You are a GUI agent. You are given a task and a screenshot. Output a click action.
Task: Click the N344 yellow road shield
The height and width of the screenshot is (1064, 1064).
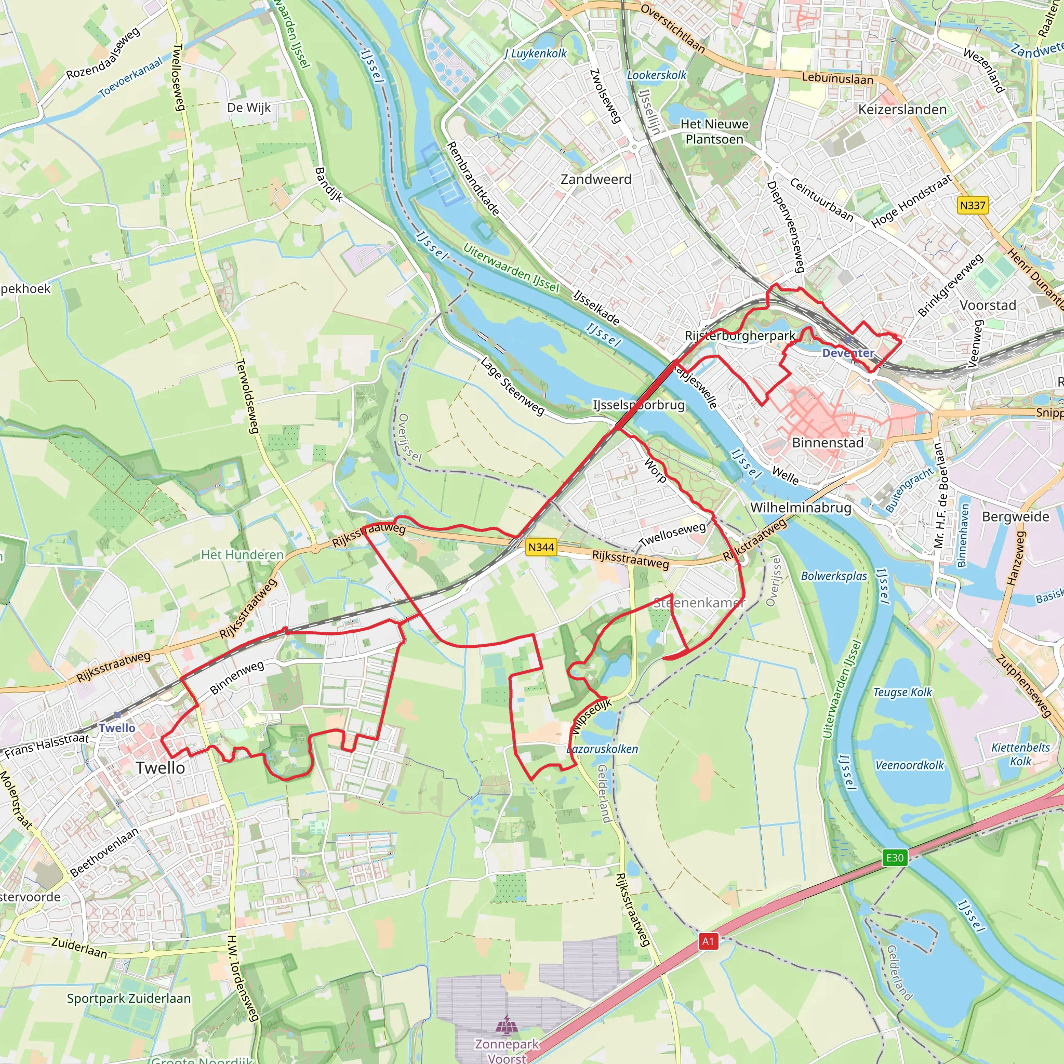[x=540, y=547]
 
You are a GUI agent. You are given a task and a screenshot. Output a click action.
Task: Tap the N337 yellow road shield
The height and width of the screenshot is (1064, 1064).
[x=972, y=205]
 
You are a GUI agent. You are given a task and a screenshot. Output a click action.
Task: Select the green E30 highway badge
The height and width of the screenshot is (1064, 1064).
[x=895, y=857]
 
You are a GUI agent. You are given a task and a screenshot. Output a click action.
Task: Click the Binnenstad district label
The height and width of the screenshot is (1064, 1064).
[x=827, y=443]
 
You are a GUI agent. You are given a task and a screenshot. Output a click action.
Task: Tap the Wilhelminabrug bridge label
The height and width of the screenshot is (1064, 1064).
[x=800, y=507]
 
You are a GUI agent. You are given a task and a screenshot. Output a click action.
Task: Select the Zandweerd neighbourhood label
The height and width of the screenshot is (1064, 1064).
[x=596, y=180]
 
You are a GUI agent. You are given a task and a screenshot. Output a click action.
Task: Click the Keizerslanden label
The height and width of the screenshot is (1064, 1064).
[x=902, y=110]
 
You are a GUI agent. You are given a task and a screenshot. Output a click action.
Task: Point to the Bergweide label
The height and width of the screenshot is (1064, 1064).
[x=1015, y=516]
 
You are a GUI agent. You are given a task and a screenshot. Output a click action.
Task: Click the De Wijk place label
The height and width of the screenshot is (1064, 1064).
[x=248, y=108]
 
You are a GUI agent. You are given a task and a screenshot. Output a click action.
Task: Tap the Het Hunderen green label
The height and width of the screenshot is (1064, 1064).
[x=242, y=554]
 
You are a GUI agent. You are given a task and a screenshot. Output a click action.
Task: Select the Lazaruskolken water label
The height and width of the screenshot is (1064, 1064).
[x=603, y=749]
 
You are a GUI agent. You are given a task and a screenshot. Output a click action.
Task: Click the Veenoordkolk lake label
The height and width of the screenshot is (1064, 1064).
[x=909, y=765]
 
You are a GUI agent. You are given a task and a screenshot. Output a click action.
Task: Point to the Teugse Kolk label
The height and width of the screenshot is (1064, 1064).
[x=902, y=692]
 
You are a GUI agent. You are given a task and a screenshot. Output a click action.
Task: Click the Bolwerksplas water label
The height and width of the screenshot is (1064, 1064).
[x=834, y=576]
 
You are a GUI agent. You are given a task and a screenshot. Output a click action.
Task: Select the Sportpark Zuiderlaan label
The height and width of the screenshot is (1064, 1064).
[x=128, y=999]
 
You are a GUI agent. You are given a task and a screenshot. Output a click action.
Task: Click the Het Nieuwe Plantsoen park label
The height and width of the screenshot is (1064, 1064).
[x=714, y=131]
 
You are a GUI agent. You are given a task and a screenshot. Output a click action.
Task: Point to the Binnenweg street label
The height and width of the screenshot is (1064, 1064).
[x=236, y=678]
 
